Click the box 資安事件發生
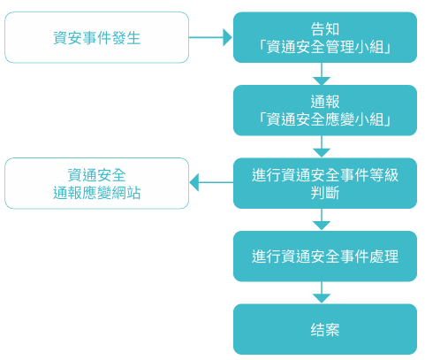click(96, 37)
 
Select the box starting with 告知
click(324, 37)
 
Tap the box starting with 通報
click(324, 110)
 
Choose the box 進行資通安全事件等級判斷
click(324, 183)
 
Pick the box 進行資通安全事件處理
click(324, 257)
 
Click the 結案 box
click(324, 329)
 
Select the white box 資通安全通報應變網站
click(96, 183)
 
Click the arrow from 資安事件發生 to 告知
click(210, 37)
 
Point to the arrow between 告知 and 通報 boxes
click(324, 73)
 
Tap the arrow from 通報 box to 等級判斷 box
click(324, 147)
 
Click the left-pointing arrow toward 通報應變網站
click(210, 183)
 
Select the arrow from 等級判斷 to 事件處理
click(324, 220)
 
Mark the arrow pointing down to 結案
click(324, 293)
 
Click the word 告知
click(324, 28)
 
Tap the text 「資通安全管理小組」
click(324, 47)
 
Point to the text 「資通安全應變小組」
click(324, 119)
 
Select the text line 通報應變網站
click(96, 193)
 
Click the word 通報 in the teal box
click(324, 101)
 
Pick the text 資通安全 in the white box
click(96, 174)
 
